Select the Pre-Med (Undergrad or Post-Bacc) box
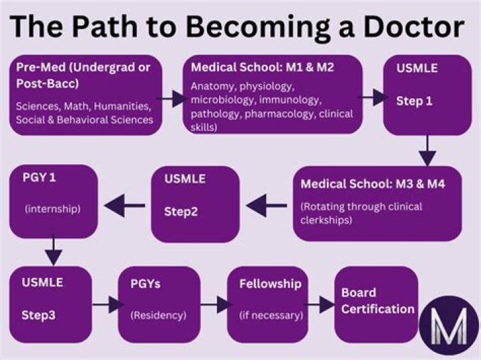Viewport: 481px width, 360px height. tap(86, 95)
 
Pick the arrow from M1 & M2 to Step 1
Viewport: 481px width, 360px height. tap(371, 98)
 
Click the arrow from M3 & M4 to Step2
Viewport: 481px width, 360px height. tap(267, 204)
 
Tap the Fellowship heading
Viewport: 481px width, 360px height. tap(270, 284)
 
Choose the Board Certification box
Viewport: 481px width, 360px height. tap(375, 304)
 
